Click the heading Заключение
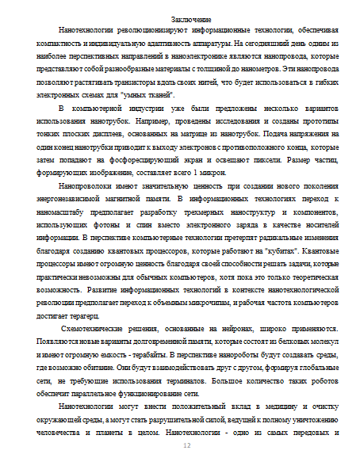[190, 18]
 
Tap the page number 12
[188, 446]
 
